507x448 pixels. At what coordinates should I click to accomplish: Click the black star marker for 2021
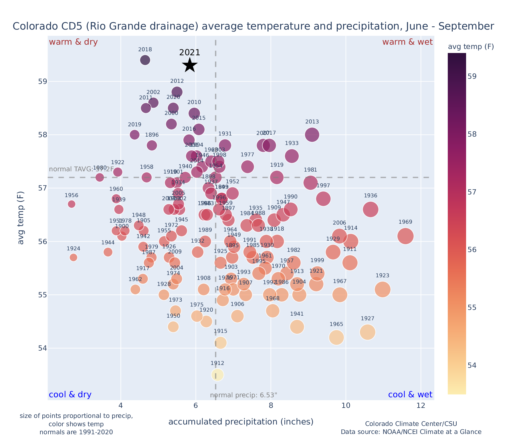tap(190, 65)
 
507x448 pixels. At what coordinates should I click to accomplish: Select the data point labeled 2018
tap(145, 60)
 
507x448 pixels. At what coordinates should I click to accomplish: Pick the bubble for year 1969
tap(405, 236)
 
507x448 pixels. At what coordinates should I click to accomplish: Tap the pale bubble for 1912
tap(217, 375)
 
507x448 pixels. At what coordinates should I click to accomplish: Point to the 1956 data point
tap(72, 204)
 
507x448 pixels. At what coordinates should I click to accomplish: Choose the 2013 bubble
tap(312, 135)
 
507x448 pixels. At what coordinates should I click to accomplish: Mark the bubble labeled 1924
tap(74, 258)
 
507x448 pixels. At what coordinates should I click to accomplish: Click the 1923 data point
tap(382, 290)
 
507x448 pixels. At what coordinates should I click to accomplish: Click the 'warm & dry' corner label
tap(73, 42)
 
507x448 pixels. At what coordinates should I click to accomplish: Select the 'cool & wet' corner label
tap(410, 395)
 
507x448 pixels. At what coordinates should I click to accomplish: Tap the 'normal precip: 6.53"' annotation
tap(243, 396)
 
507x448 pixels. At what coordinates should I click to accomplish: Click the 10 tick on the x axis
tap(346, 406)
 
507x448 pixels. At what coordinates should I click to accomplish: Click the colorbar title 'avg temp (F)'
tap(471, 47)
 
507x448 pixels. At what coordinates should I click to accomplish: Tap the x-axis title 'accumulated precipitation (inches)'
tap(241, 422)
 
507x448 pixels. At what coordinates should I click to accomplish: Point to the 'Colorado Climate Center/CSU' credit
tap(411, 424)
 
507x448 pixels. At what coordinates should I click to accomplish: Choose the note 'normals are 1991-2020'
tap(76, 432)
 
